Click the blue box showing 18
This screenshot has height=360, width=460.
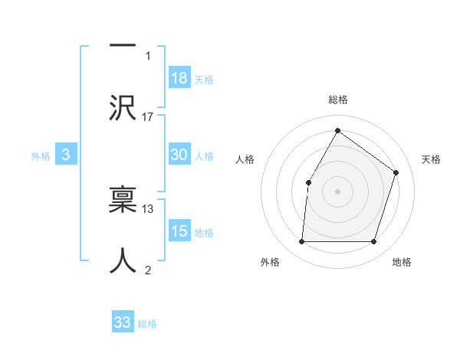pos(179,78)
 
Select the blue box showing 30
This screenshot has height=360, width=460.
pos(179,155)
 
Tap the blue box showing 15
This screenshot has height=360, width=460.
pos(179,231)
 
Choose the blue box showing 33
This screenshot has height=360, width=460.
pos(123,322)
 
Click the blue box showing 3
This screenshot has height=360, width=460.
pos(66,155)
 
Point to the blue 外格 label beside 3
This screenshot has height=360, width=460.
pos(41,155)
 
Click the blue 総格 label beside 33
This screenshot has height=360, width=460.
pos(147,324)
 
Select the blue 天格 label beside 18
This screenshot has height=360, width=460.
pos(204,80)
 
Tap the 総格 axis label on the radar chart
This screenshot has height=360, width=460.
pos(337,100)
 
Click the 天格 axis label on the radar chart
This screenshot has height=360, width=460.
pos(431,159)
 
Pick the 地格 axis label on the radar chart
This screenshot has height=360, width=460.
pos(402,262)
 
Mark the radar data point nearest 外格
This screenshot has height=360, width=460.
pos(301,242)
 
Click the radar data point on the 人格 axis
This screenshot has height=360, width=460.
pos(308,182)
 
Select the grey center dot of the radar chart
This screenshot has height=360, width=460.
pos(337,191)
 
